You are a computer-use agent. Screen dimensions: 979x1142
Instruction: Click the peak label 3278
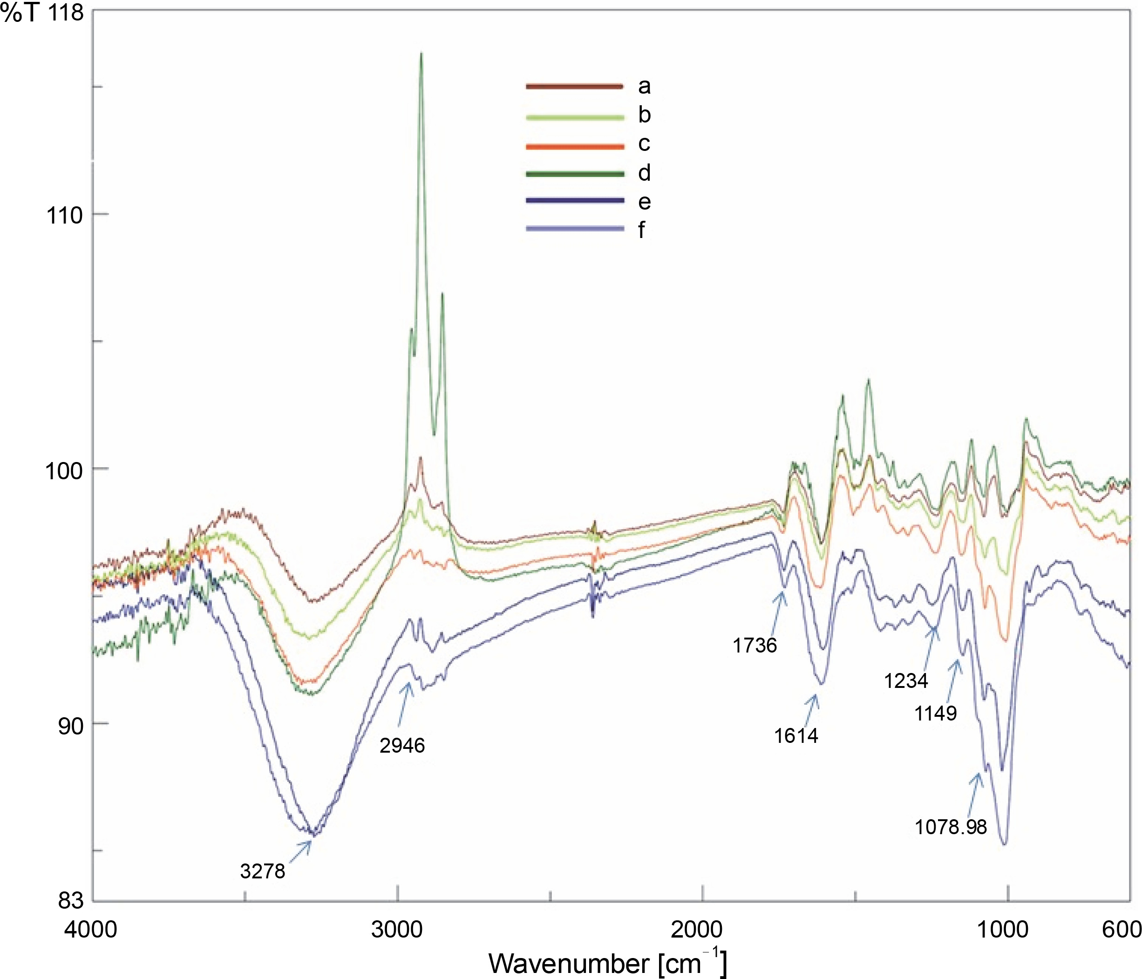[x=262, y=871]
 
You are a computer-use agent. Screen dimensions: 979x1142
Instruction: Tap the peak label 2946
[x=402, y=745]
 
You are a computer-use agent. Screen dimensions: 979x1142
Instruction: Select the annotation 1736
[x=755, y=645]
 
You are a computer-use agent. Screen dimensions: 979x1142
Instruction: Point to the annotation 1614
[x=796, y=735]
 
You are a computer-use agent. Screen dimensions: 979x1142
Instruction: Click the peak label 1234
[x=906, y=681]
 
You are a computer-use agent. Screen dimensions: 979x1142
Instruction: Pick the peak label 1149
[x=935, y=714]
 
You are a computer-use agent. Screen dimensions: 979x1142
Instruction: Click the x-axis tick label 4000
[x=91, y=929]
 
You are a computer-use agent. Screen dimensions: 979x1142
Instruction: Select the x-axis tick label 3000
[x=397, y=929]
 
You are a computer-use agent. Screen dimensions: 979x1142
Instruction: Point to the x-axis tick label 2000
[x=697, y=929]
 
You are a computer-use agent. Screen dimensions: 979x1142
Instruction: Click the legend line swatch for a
[x=574, y=86]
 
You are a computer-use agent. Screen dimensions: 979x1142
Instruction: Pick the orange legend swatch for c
[x=574, y=146]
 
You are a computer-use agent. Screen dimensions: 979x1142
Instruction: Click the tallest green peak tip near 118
[x=421, y=54]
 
